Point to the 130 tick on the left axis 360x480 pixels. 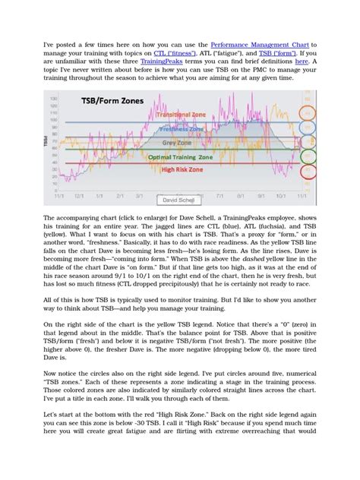click(52, 99)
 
